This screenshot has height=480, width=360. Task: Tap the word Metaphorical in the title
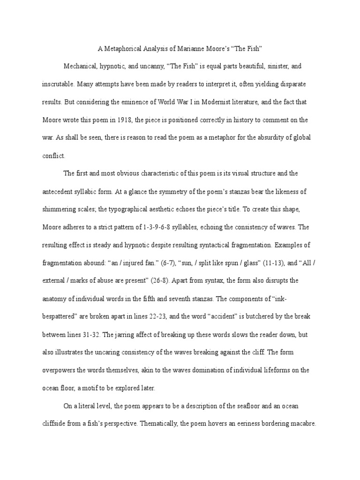(x=123, y=48)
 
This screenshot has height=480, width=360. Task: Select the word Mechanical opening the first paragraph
(x=80, y=66)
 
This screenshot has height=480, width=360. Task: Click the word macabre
(x=303, y=424)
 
